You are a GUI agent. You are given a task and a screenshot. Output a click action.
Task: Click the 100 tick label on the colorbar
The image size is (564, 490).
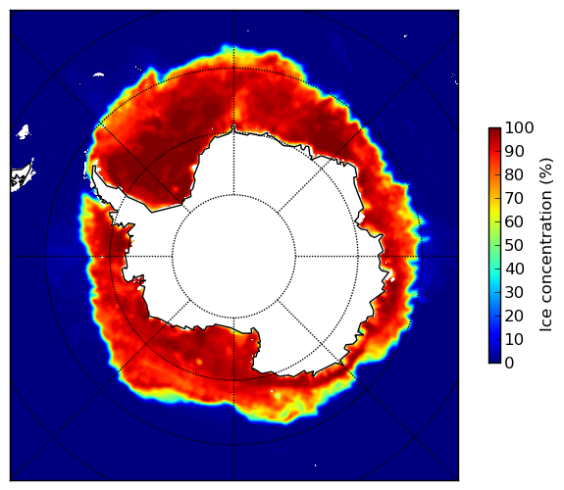point(519,127)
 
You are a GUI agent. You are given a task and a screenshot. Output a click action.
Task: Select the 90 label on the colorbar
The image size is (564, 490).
point(514,151)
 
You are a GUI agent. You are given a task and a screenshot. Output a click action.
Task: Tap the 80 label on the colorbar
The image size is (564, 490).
point(514,174)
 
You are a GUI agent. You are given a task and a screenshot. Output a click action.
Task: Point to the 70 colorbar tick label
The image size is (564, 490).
point(514,198)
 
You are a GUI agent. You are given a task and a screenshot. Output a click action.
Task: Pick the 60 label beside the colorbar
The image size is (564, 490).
point(514,221)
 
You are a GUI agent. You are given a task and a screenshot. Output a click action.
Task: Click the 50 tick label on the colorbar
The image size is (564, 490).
point(514,246)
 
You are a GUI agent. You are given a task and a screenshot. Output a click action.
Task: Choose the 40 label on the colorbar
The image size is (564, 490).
point(514,269)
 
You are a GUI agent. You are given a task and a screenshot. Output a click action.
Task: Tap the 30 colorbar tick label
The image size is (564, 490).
point(514,293)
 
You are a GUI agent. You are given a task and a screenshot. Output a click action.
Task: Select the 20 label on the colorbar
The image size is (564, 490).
point(514,316)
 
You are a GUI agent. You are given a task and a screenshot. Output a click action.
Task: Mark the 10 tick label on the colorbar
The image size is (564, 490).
point(514,339)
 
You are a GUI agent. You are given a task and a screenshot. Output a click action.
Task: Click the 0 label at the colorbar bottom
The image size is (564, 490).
point(509,364)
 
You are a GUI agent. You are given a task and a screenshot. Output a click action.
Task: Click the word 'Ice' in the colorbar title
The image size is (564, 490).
point(546,322)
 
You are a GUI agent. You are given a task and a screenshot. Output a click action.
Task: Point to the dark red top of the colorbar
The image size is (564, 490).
point(494,131)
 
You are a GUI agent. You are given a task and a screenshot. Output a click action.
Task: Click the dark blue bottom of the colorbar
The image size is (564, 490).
point(494,359)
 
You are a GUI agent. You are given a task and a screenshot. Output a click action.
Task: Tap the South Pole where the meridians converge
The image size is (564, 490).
point(233,257)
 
